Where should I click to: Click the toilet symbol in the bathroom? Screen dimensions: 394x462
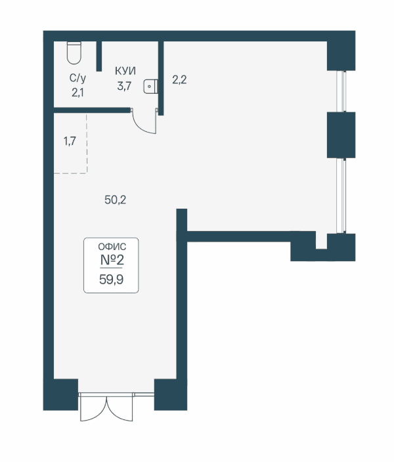[x=74, y=52]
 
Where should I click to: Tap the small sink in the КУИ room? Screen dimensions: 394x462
[x=150, y=87]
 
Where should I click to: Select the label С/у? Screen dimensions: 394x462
[x=78, y=78]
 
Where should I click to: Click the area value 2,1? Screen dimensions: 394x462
[x=77, y=93]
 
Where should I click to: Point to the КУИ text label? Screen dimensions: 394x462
[x=125, y=71]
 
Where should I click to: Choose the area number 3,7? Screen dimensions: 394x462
[x=124, y=87]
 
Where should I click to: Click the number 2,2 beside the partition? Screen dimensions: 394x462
[x=179, y=80]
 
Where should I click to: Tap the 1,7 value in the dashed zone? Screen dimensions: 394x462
[x=70, y=142]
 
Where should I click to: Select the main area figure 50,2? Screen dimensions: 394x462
[x=116, y=200]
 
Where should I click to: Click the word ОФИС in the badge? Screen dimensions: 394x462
[x=112, y=247]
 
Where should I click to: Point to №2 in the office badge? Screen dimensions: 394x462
[x=112, y=260]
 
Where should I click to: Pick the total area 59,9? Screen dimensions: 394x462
[x=111, y=280]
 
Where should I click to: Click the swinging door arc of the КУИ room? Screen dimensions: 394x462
[x=143, y=124]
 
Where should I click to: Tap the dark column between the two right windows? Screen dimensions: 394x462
[x=341, y=135]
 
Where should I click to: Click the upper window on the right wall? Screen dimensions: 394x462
[x=342, y=91]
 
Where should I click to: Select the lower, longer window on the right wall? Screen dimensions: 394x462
[x=342, y=196]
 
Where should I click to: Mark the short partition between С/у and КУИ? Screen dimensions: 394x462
[x=99, y=56]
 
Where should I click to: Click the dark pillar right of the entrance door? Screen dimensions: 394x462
[x=171, y=394]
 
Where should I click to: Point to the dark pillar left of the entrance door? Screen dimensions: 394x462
[x=61, y=394]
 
